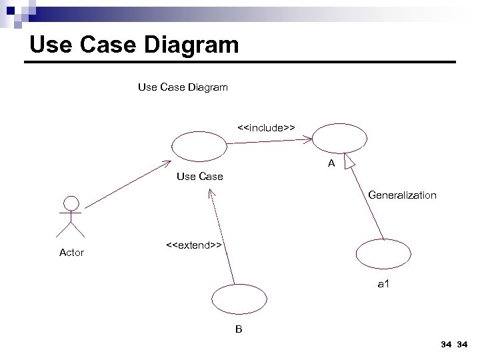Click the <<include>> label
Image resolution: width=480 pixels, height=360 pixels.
267,127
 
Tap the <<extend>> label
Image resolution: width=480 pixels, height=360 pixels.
193,245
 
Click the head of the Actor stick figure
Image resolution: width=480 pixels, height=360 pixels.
70,203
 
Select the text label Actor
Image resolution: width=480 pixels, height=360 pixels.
71,253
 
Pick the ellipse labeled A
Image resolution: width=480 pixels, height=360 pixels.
340,139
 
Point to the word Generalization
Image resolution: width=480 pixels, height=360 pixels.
402,195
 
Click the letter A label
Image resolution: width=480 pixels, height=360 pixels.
331,164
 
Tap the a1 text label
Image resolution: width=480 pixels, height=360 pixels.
383,285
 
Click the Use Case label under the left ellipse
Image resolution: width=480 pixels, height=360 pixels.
199,177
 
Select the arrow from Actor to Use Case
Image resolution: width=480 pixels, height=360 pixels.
127,185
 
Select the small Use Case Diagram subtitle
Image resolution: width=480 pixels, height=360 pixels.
182,87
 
